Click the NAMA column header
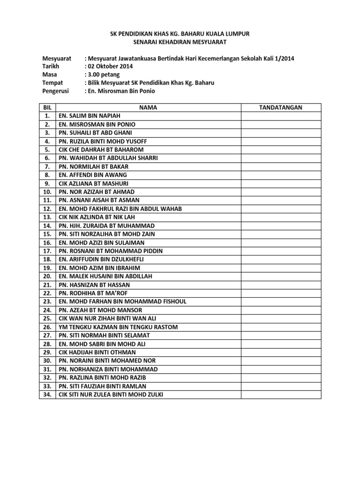(148, 107)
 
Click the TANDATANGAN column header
(281, 107)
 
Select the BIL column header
(46, 107)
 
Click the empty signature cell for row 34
(281, 395)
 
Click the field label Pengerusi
(56, 91)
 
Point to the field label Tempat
(52, 83)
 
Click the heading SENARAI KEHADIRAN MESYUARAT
(180, 43)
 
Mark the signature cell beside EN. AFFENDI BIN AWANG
(281, 175)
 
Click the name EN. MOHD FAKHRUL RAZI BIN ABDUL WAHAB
(120, 209)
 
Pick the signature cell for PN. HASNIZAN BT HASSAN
(281, 285)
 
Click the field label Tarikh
(51, 66)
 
